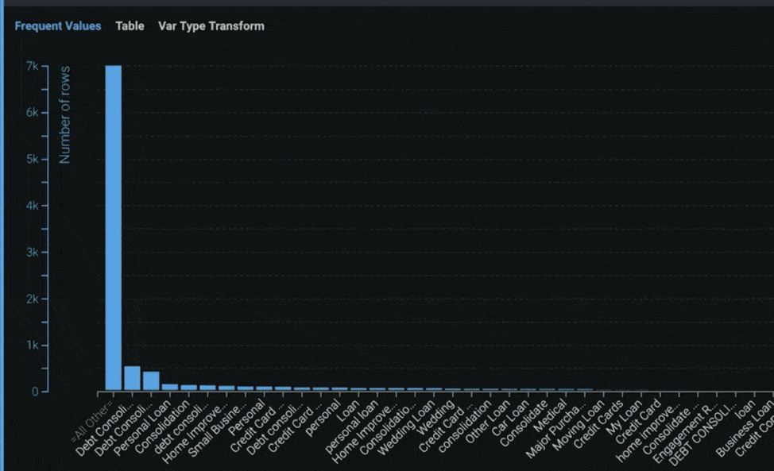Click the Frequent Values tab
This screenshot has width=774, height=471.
[58, 26]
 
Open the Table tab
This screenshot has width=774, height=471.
[130, 26]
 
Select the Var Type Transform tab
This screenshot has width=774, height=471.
[211, 26]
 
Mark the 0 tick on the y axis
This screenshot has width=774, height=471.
[35, 392]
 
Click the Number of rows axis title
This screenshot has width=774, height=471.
[65, 115]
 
